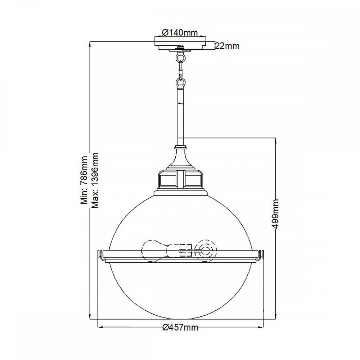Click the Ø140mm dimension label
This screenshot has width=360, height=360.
(180, 33)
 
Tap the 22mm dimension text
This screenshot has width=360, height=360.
(228, 46)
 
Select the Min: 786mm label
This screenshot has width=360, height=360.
(84, 180)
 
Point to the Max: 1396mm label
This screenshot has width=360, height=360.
(95, 180)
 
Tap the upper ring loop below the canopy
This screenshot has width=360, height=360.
(180, 57)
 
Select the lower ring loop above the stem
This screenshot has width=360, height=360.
(180, 83)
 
